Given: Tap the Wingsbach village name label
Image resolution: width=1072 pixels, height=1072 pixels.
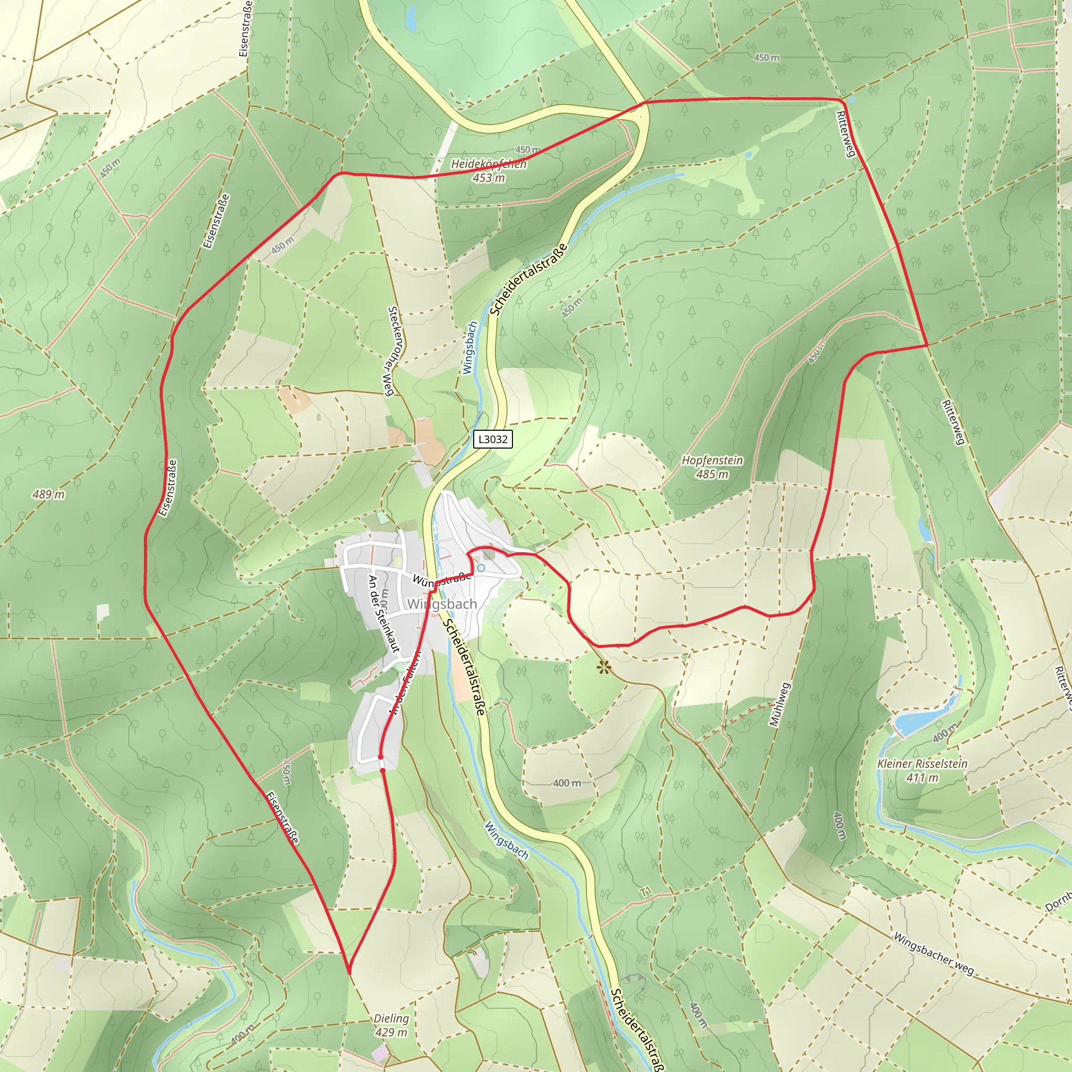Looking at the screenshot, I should tap(442, 604).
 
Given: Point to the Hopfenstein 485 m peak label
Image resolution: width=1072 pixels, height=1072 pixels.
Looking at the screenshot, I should tap(712, 467).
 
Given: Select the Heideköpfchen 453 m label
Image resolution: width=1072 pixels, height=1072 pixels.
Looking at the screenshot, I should tap(489, 170).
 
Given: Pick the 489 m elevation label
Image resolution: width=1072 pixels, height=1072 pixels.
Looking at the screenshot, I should tap(48, 494).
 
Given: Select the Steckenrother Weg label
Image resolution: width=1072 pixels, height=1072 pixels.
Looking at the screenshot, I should tap(391, 351).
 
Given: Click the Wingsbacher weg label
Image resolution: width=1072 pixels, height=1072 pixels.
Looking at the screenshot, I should tap(933, 953).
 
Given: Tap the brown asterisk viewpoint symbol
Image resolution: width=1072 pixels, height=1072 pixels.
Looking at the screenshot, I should tap(604, 667).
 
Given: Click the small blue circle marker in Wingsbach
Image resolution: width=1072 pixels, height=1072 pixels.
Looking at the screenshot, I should tap(481, 567).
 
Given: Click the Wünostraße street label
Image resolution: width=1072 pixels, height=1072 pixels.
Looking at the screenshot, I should tap(442, 579).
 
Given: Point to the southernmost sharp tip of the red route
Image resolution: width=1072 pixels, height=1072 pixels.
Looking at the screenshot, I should tap(350, 973).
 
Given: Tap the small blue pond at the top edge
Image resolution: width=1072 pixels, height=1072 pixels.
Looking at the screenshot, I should tap(411, 19).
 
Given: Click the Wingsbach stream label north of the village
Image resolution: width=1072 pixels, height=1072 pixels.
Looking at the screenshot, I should tap(470, 348).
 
